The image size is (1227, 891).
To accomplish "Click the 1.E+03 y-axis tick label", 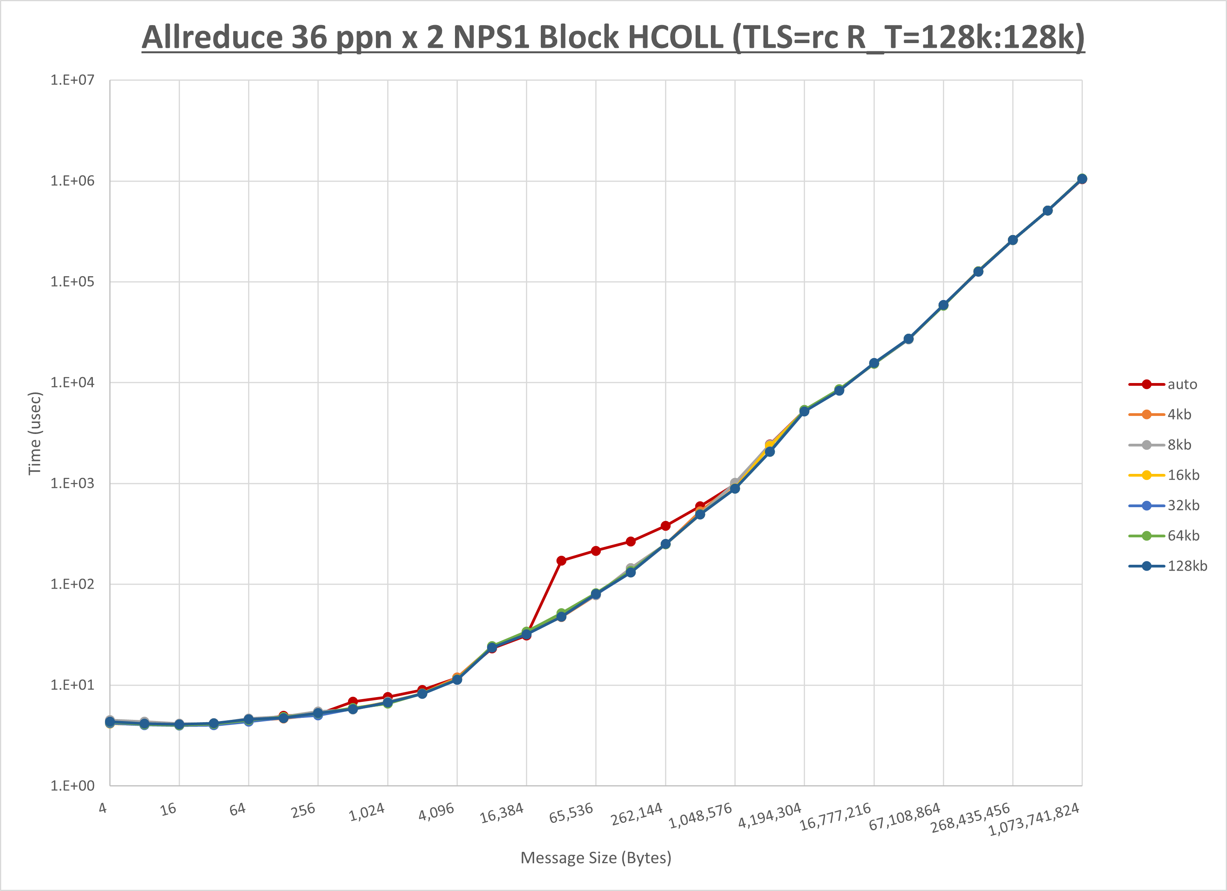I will pyautogui.click(x=72, y=483).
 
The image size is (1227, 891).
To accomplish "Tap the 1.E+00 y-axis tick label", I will pyautogui.click(x=72, y=786).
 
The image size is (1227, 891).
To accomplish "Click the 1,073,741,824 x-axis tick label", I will pyautogui.click(x=1034, y=819).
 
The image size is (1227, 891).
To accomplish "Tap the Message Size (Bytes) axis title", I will pyautogui.click(x=596, y=858).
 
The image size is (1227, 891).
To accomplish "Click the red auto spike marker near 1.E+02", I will pyautogui.click(x=561, y=561).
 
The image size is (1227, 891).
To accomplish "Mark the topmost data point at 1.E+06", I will pyautogui.click(x=1082, y=179).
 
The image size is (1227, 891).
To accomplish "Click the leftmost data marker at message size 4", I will pyautogui.click(x=110, y=722).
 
